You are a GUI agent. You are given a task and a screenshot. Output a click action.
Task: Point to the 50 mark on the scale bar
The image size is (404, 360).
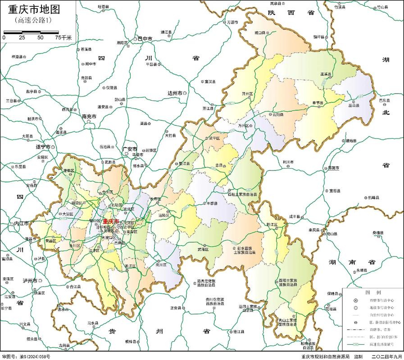click(x=41, y=38)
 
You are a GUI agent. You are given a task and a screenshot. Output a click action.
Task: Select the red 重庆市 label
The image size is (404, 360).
click(x=111, y=221)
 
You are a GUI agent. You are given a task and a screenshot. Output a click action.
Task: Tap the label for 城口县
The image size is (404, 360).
click(x=260, y=33)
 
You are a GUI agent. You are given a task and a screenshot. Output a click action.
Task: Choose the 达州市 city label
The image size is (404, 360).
click(x=175, y=93)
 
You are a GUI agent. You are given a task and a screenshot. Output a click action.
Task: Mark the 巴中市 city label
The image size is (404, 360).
click(x=145, y=40)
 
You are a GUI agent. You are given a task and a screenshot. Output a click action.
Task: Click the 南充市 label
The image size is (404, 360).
click(x=89, y=117)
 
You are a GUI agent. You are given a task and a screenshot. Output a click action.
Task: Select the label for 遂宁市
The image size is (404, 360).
click(x=43, y=147)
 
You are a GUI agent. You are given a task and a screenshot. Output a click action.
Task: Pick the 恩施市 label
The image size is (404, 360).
click(x=333, y=168)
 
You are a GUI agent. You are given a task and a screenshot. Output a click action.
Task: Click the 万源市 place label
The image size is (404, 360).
click(x=232, y=22)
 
